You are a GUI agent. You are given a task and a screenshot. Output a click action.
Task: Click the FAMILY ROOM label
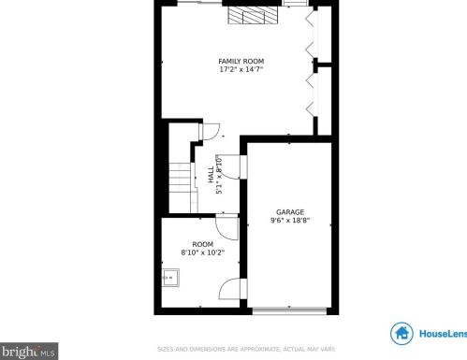pos(241,61)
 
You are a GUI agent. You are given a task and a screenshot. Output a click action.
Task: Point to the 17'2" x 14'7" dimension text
pos(241,69)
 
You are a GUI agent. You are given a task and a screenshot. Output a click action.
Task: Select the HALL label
pos(211,175)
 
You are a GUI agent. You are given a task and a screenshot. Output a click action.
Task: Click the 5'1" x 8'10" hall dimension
pos(219,175)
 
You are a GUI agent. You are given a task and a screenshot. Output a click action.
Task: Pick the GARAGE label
pos(289,212)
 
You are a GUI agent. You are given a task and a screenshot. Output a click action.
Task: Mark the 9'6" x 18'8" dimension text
pos(289,221)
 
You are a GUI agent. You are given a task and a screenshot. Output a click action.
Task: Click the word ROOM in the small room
pos(203,244)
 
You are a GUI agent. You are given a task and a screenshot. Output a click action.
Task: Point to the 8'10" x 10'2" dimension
pos(203,252)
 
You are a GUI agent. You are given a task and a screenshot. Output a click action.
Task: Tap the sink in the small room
pos(170,277)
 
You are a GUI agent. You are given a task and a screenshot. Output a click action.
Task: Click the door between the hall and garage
pos(242,166)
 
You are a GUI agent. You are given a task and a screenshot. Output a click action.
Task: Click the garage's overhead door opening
pos(290,310)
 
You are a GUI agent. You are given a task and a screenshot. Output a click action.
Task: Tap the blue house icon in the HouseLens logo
pos(403,334)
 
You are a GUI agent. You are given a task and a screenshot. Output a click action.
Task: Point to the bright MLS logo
pos(29,353)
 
